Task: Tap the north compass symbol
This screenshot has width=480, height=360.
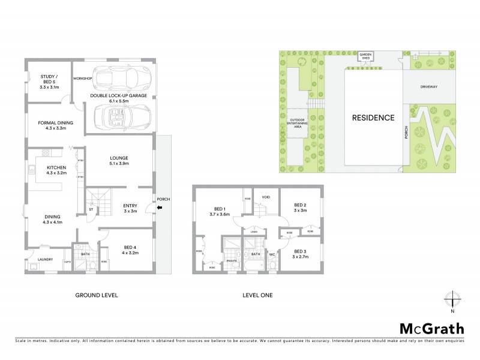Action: tap(453, 298)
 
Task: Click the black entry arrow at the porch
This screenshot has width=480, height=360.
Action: tap(158, 208)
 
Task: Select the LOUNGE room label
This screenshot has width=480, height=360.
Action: tap(119, 161)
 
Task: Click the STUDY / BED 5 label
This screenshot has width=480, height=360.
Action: tap(49, 80)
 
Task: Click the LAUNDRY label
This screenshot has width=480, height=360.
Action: tap(45, 260)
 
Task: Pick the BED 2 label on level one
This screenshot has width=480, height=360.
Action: tap(299, 208)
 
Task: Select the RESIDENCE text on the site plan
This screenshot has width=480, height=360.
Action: tap(373, 118)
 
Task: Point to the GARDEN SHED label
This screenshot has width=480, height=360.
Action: tap(366, 56)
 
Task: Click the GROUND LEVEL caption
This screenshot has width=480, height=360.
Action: tap(96, 295)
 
